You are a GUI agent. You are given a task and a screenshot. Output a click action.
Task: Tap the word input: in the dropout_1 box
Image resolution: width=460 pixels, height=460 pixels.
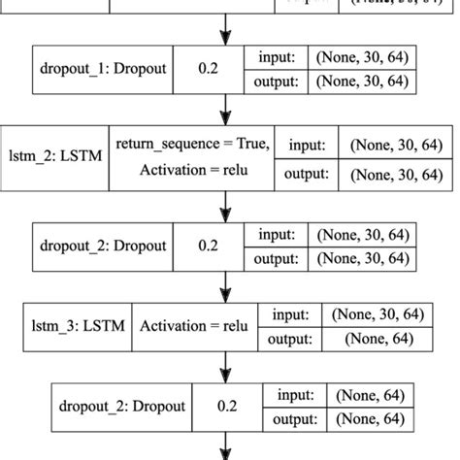pyautogui.click(x=280, y=59)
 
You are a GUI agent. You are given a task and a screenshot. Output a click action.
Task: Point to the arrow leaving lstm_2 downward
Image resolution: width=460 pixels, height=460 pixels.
pyautogui.click(x=226, y=204)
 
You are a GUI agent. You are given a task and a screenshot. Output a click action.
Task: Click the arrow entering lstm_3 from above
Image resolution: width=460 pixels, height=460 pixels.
pyautogui.click(x=226, y=285)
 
